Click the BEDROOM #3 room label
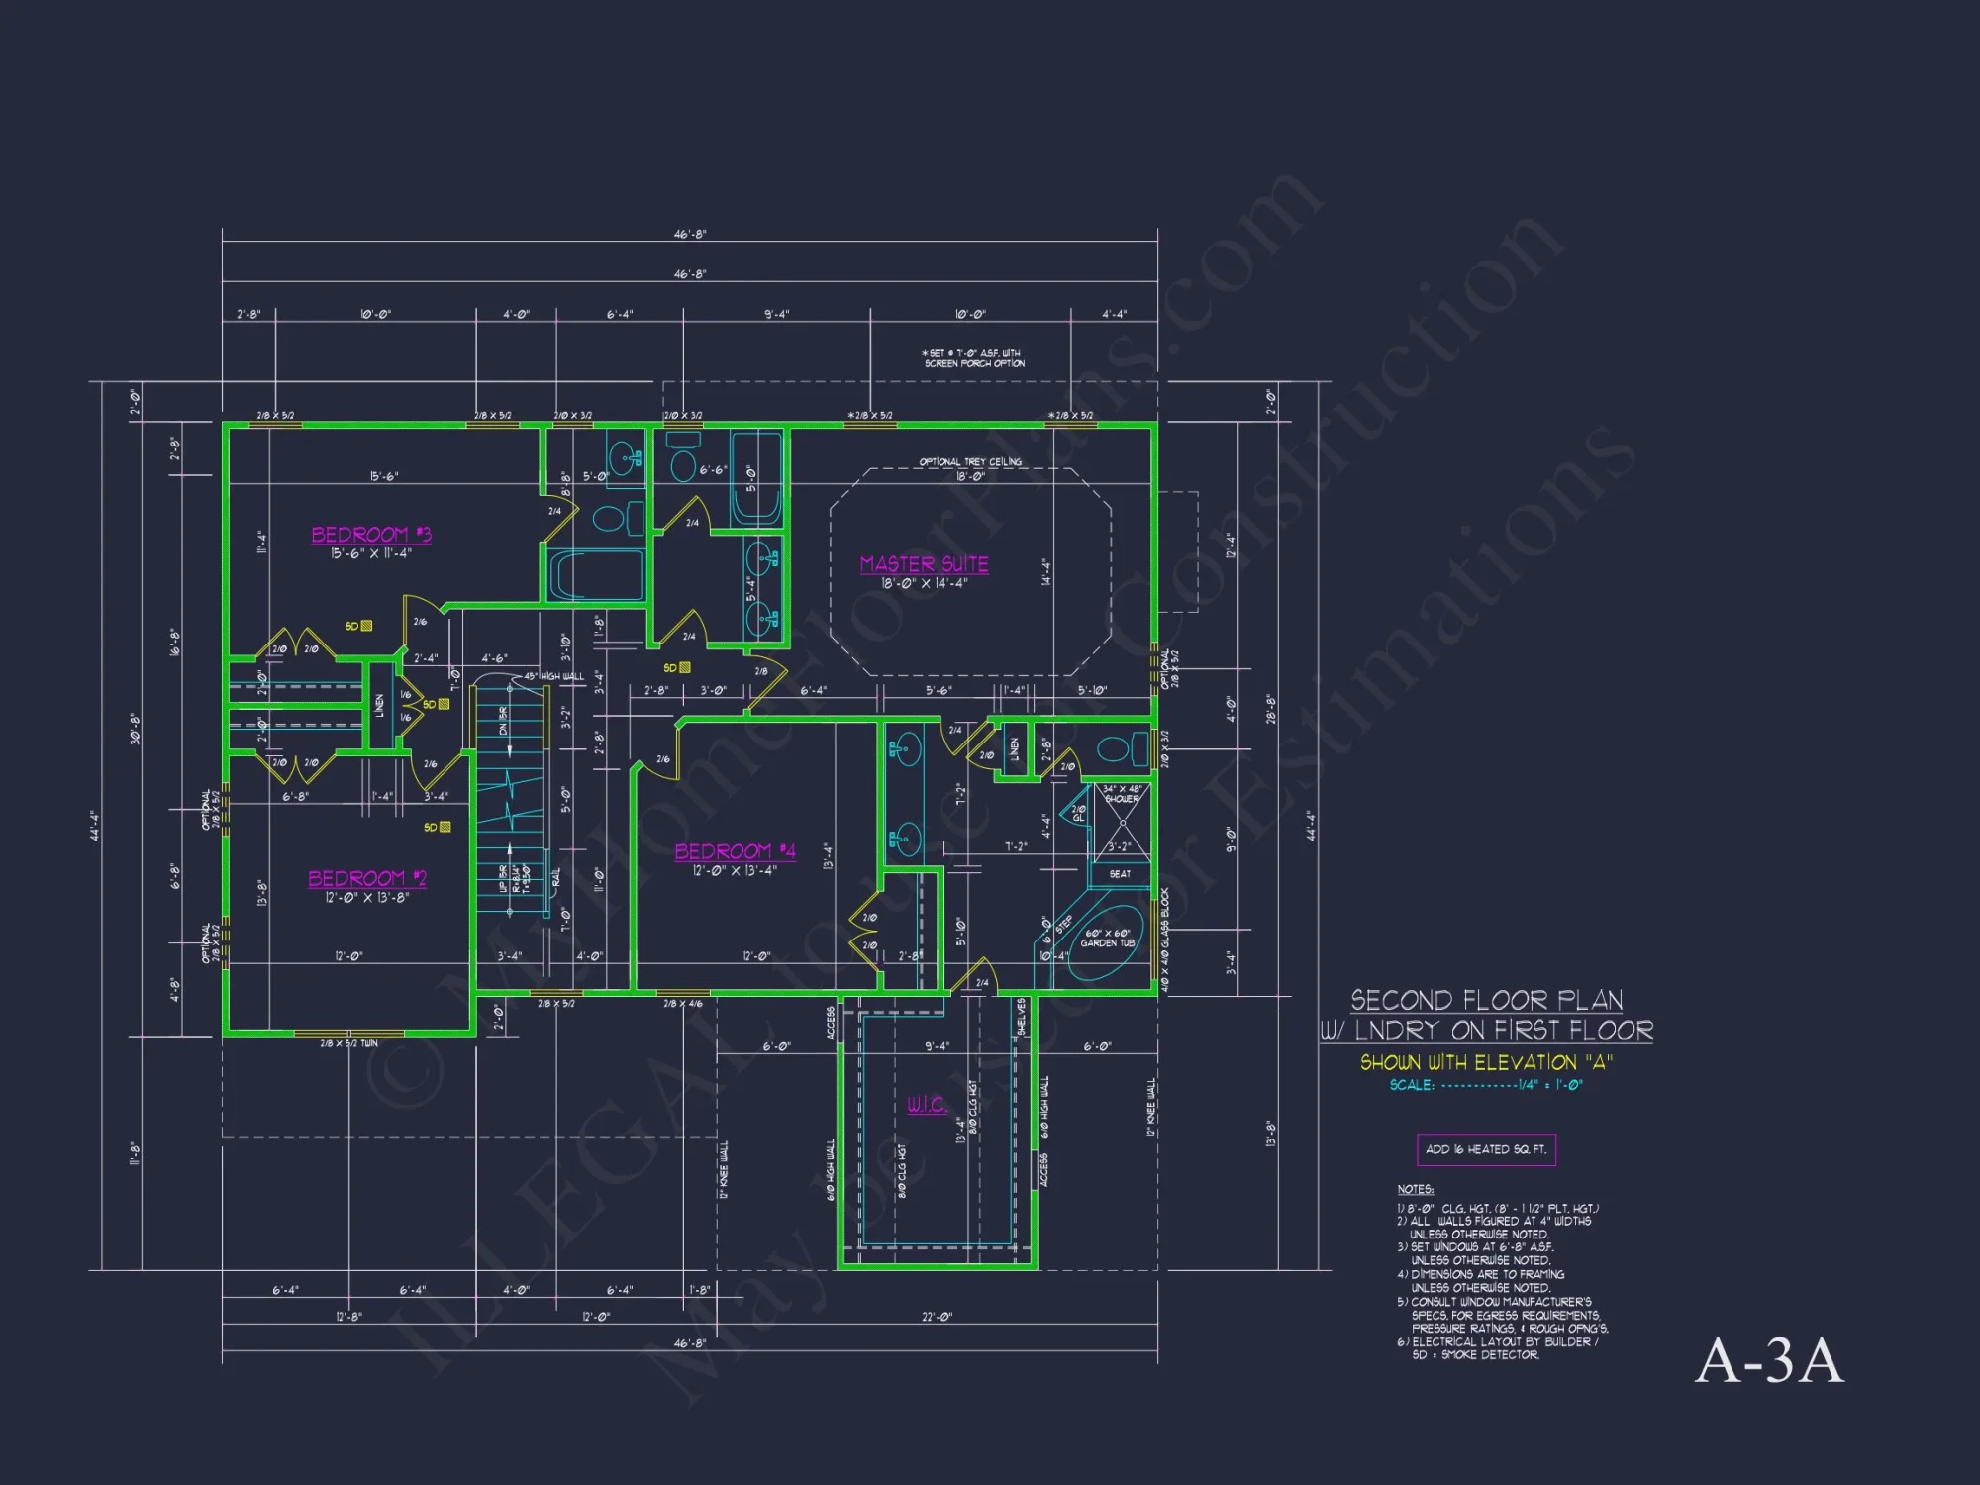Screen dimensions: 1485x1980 point(371,535)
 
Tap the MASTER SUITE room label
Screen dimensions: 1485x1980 point(924,564)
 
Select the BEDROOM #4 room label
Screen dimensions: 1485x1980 point(735,851)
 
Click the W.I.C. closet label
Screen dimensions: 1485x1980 point(927,1105)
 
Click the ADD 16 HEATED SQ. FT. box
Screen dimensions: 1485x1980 point(1486,1149)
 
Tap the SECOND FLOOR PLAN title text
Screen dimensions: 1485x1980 point(1486,1000)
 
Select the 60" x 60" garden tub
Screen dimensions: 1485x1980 point(1105,939)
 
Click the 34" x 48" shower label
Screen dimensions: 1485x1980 point(1122,793)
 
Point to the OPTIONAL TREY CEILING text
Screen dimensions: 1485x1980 point(970,462)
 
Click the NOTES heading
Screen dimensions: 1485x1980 point(1415,1189)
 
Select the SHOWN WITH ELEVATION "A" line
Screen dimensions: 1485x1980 point(1486,1062)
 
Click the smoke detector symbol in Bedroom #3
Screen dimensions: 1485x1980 point(366,626)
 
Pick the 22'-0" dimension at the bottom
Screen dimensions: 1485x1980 point(937,1317)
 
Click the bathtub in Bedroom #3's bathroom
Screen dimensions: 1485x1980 point(596,575)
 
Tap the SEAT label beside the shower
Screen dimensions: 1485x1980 point(1120,874)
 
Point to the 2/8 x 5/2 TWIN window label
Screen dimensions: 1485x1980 point(348,1043)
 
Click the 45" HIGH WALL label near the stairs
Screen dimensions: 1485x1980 point(554,676)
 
